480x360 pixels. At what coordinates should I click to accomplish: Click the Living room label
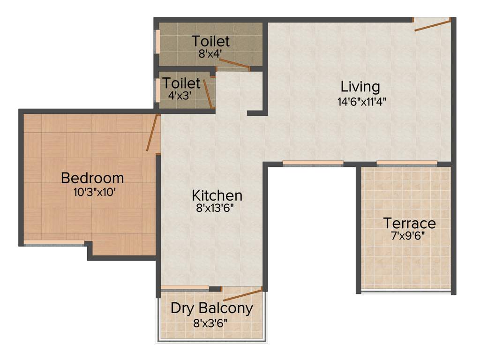(x=360, y=87)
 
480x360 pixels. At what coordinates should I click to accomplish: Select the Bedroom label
(x=92, y=178)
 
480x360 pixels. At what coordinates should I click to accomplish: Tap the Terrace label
(x=409, y=223)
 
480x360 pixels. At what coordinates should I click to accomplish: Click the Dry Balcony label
(x=211, y=308)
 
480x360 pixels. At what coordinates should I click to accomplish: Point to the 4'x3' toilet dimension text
(x=180, y=95)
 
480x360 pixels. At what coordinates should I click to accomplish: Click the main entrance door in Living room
(x=432, y=25)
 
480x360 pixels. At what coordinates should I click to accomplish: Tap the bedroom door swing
(x=153, y=133)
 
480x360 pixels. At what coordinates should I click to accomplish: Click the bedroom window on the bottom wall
(x=54, y=243)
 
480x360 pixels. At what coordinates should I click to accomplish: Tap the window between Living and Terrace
(x=407, y=163)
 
